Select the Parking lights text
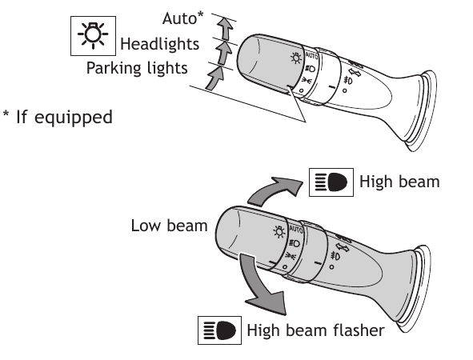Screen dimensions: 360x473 coord(137,67)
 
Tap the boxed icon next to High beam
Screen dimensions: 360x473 coord(328,182)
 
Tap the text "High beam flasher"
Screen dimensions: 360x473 coord(316,330)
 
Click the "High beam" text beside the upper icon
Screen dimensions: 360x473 coord(399,182)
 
